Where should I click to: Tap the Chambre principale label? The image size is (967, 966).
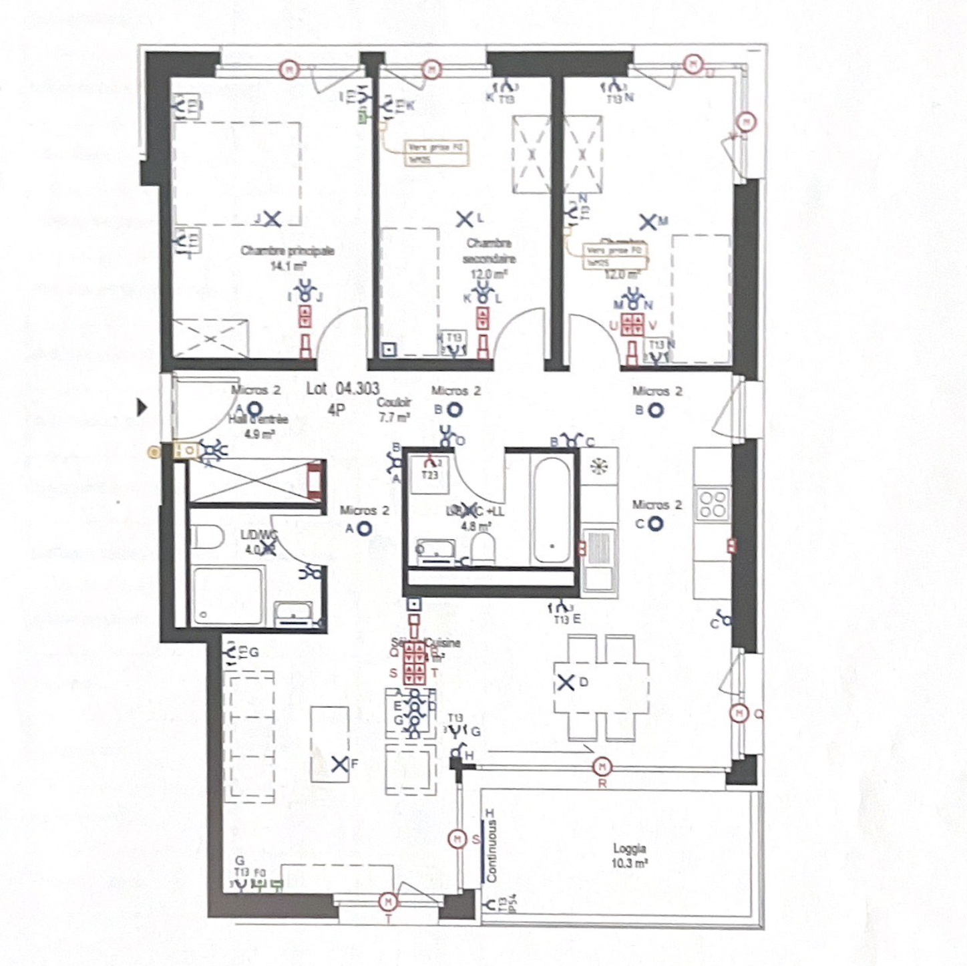(x=287, y=251)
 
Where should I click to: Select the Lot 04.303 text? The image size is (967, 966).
(x=343, y=388)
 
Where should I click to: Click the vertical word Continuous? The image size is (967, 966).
(x=492, y=852)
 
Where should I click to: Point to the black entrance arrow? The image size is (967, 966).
(x=142, y=407)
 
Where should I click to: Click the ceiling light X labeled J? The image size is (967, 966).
(x=271, y=218)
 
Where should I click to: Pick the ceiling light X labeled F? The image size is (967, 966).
(x=340, y=764)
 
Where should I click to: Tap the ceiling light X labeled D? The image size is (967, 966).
(x=566, y=683)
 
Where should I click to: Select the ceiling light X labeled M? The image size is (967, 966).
(x=647, y=222)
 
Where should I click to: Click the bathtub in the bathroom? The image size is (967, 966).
(x=552, y=510)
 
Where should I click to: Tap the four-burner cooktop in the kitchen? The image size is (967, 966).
(x=712, y=504)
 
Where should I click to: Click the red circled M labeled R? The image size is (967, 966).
(x=602, y=766)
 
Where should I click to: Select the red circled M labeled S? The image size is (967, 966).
(x=457, y=838)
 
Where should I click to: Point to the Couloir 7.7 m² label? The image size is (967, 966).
(x=394, y=410)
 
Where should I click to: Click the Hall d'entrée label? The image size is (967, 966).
(x=258, y=420)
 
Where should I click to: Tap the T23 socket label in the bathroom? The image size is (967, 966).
(x=429, y=475)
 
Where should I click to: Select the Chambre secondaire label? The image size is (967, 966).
(x=489, y=251)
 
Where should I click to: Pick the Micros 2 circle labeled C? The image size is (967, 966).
(x=656, y=524)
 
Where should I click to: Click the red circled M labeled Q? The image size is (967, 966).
(x=739, y=713)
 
